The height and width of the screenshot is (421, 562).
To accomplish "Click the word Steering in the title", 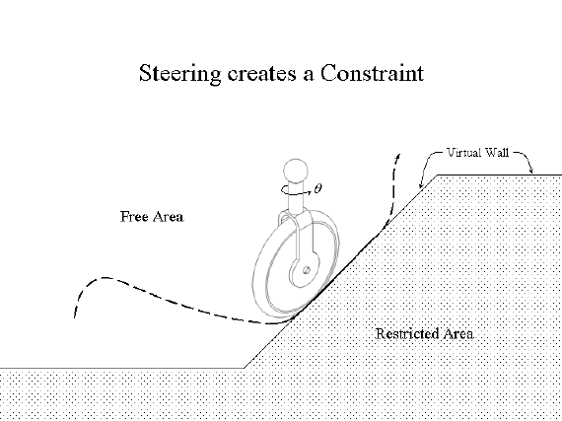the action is click(x=179, y=74).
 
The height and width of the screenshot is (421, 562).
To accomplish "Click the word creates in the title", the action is click(x=262, y=74).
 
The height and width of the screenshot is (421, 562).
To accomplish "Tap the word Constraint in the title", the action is click(x=372, y=73).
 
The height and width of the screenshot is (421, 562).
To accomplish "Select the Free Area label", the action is click(x=152, y=216).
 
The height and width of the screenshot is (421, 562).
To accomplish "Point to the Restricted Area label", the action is click(x=425, y=333).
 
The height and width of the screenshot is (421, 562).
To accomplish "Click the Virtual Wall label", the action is click(x=478, y=152).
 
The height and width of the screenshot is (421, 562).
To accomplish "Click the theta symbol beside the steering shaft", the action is click(x=317, y=187).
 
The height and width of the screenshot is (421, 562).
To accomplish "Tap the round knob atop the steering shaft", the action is click(x=296, y=171).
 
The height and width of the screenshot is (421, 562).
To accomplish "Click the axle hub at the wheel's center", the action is click(x=306, y=270).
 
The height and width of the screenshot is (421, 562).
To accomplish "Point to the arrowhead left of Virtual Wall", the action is click(x=421, y=185).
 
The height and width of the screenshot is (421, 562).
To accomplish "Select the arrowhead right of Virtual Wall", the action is click(x=531, y=171).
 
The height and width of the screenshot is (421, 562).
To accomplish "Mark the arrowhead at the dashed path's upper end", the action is click(x=398, y=156).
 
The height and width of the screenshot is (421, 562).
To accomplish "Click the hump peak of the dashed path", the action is click(x=105, y=278).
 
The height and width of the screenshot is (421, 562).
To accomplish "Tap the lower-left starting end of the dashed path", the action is click(x=75, y=317).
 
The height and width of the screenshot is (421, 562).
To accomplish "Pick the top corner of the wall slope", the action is click(x=437, y=175).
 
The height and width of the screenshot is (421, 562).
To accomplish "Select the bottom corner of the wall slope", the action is click(x=244, y=368).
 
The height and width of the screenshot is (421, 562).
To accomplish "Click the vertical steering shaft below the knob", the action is click(x=296, y=198).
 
